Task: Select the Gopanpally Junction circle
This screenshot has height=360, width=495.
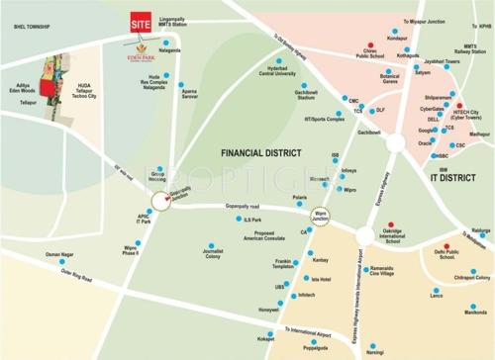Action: [x=161, y=201]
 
